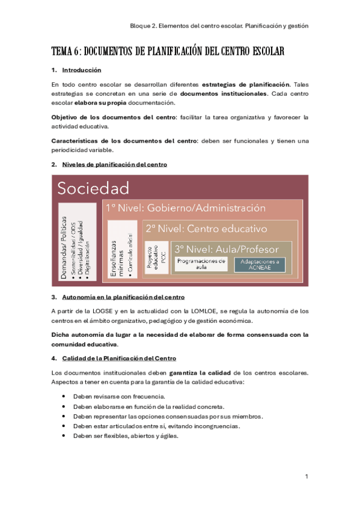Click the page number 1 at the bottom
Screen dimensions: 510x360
click(307, 476)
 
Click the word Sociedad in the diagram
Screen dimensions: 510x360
click(93, 188)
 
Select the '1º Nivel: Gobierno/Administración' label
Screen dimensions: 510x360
click(185, 208)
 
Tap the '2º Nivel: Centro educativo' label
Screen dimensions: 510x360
click(206, 229)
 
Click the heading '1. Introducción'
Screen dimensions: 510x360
click(82, 70)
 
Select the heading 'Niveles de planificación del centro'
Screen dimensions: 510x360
click(115, 164)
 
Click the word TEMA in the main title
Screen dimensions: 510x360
click(61, 51)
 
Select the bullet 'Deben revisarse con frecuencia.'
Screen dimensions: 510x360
click(118, 397)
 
